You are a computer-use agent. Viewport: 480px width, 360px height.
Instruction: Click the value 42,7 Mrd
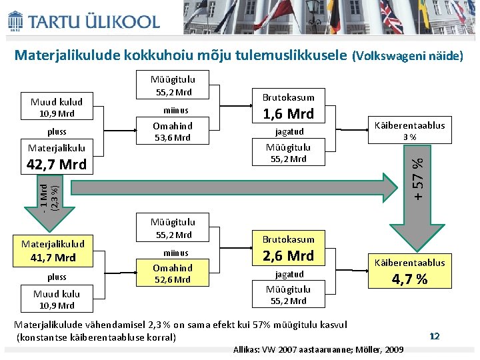click(57, 165)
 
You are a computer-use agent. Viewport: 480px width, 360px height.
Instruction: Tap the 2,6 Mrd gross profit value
click(289, 255)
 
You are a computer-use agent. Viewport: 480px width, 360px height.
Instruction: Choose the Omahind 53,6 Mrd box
click(173, 131)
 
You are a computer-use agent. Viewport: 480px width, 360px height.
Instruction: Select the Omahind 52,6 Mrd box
click(173, 273)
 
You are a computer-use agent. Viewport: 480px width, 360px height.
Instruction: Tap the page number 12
click(435, 337)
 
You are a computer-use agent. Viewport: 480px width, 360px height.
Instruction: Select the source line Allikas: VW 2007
click(318, 349)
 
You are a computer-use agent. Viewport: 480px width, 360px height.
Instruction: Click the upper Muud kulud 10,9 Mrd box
click(57, 107)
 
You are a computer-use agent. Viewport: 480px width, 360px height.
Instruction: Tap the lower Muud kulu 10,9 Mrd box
click(57, 299)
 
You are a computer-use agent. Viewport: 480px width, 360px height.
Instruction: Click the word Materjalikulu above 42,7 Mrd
click(56, 148)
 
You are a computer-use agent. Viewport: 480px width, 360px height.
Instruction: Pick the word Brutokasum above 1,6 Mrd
click(288, 97)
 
